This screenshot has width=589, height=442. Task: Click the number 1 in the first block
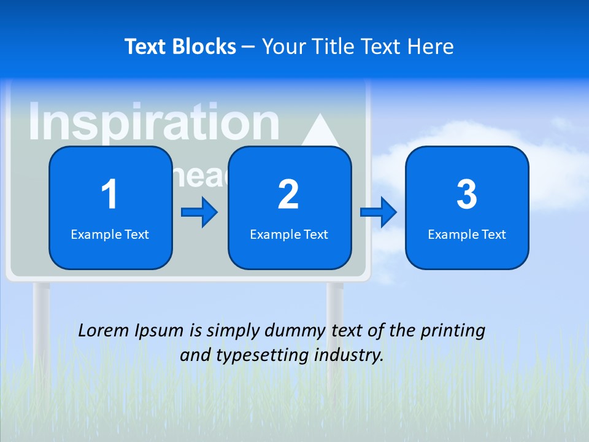pyautogui.click(x=109, y=195)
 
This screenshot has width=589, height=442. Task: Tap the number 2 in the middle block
pyautogui.click(x=288, y=195)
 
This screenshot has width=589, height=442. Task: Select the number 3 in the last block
pyautogui.click(x=467, y=195)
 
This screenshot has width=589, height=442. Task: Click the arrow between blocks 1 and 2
pyautogui.click(x=200, y=212)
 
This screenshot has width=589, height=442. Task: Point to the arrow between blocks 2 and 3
pyautogui.click(x=379, y=212)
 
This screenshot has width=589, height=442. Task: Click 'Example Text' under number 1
pyautogui.click(x=110, y=235)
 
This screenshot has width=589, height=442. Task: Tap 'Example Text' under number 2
pyautogui.click(x=289, y=235)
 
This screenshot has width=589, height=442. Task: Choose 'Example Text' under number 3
pyautogui.click(x=467, y=235)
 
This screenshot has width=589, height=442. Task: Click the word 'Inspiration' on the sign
pyautogui.click(x=153, y=122)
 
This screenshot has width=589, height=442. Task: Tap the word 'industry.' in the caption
pyautogui.click(x=351, y=355)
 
